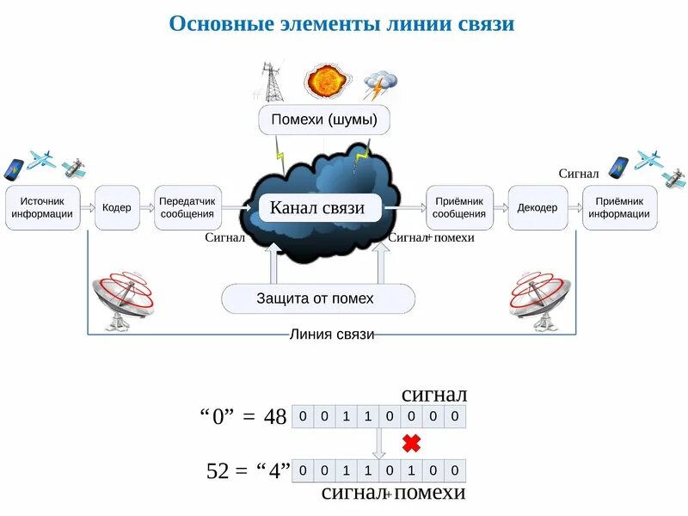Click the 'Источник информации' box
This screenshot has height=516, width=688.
(43, 207)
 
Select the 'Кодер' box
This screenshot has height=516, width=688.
(117, 207)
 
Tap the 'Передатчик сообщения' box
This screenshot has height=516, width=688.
(187, 207)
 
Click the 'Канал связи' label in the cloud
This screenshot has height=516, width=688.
(317, 207)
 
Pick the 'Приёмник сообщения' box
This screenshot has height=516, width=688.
(459, 207)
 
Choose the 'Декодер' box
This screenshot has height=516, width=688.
(537, 207)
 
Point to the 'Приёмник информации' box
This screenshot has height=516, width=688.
(619, 207)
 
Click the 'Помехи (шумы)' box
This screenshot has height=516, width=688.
(324, 120)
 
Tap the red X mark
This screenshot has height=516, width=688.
(411, 444)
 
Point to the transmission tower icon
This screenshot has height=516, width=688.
(269, 81)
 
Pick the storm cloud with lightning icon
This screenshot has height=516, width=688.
(379, 85)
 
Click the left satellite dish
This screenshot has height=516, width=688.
(123, 300)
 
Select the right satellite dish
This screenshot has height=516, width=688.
(539, 300)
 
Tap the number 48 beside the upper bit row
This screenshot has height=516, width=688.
(275, 417)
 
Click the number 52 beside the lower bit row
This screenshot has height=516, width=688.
(218, 470)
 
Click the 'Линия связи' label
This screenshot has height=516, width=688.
(332, 335)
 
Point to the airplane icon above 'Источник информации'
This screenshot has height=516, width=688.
(41, 160)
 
